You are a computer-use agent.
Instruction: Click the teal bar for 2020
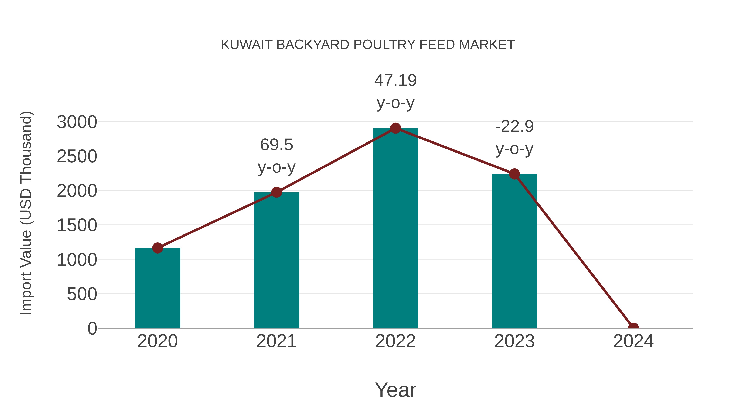point(157,288)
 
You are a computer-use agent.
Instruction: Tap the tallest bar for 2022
point(395,229)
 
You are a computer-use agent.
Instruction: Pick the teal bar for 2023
point(514,251)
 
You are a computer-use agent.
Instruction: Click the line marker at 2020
point(157,248)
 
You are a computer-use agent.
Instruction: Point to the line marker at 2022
point(395,128)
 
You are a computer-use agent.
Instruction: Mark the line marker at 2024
point(633,328)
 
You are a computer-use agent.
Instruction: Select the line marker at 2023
point(514,174)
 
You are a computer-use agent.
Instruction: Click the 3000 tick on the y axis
point(77,122)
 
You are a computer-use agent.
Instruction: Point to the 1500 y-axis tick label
point(77,226)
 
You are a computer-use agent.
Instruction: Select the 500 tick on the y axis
point(82,294)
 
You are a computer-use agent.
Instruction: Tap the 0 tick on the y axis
point(92,329)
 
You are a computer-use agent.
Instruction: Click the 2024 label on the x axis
point(633,341)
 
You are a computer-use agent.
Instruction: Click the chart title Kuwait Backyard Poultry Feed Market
point(368,45)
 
